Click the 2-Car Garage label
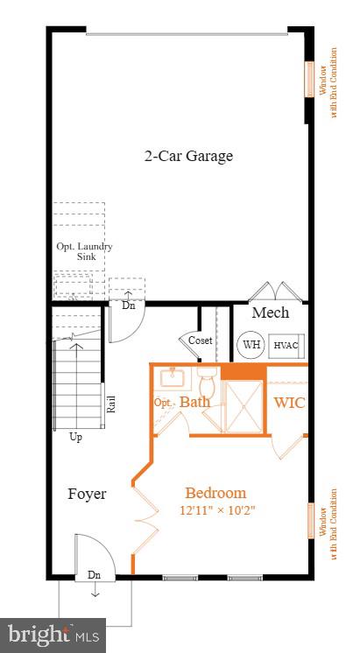(x=188, y=157)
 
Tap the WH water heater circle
(x=251, y=344)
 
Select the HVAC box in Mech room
(x=286, y=345)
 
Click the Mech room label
(x=270, y=312)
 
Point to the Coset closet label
(x=200, y=341)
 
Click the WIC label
(x=288, y=403)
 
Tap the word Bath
(x=194, y=403)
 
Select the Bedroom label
(x=215, y=493)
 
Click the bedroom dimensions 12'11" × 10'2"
(x=217, y=509)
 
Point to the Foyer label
(x=87, y=494)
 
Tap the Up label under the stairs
(x=76, y=437)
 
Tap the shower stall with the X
(x=244, y=406)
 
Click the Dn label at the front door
(x=94, y=575)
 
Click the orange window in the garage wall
(x=308, y=79)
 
